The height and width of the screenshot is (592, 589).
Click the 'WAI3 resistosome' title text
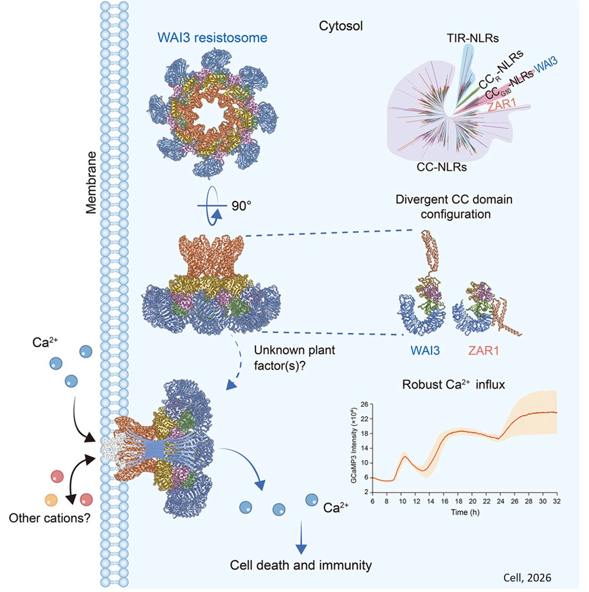click(212, 38)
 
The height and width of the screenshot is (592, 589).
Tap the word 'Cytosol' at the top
click(341, 26)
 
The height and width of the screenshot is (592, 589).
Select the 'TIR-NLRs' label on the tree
click(472, 38)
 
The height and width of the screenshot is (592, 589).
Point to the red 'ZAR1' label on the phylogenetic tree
click(502, 104)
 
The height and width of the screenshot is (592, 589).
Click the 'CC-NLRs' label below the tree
click(441, 167)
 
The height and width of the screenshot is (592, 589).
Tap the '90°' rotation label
click(241, 206)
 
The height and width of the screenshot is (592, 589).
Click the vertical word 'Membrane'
click(92, 182)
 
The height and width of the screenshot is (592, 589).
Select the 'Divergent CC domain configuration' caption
click(454, 207)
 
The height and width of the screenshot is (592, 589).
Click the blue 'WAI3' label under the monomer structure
click(425, 350)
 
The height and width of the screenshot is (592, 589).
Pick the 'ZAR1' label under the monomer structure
click(483, 350)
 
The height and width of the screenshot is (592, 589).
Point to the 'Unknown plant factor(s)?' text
click(294, 358)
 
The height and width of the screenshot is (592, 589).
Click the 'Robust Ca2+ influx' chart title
click(453, 385)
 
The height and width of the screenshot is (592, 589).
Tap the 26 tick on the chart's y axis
click(364, 404)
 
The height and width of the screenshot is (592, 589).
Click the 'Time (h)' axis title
click(465, 511)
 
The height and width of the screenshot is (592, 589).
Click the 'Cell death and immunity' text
click(301, 565)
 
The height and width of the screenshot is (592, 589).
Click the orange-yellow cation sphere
click(51, 499)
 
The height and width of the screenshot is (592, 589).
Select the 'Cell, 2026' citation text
click(527, 578)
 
